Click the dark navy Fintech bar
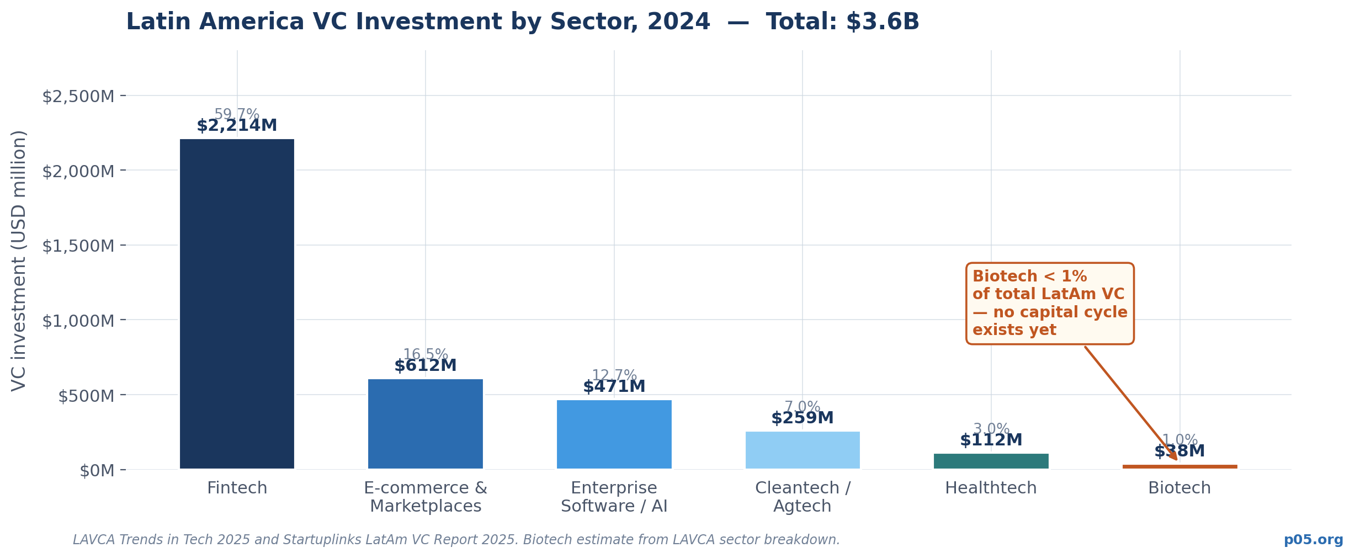tap(237, 304)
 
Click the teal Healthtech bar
tap(991, 461)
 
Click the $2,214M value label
tap(237, 126)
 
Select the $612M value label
tap(426, 366)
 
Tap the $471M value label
tap(614, 387)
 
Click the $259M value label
tap(803, 418)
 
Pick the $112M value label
tap(991, 440)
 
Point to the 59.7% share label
tap(237, 114)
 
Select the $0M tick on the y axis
tap(97, 471)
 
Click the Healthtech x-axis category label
tap(991, 488)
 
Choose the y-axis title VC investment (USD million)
tap(19, 261)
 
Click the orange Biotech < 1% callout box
tap(1049, 304)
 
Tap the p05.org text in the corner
tap(1313, 540)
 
